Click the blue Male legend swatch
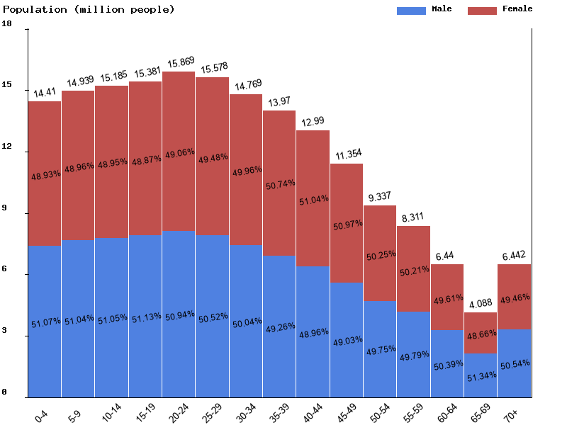tap(411, 10)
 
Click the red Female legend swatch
tap(482, 10)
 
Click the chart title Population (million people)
tap(88, 9)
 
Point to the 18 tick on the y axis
tap(7, 23)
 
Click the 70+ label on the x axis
tap(510, 412)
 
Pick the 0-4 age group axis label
tap(42, 412)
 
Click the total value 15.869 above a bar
tap(180, 62)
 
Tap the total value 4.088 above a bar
tap(481, 303)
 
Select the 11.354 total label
tap(347, 154)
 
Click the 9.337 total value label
tap(381, 196)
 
